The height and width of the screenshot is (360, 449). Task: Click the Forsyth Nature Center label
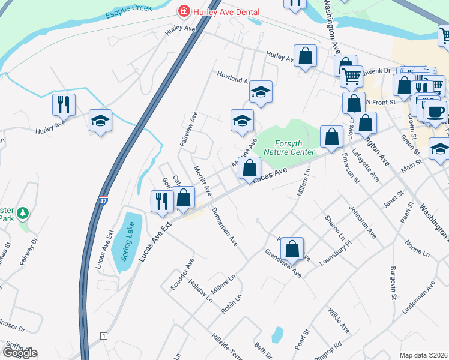[294, 148]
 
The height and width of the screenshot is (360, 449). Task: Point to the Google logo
[20, 353]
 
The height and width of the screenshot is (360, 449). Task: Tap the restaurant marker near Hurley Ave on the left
[63, 105]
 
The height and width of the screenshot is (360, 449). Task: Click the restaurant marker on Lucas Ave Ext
[161, 200]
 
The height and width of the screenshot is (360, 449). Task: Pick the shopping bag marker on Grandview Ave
[292, 248]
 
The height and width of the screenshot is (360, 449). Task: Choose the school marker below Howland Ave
[261, 92]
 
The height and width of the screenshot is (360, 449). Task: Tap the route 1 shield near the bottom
[104, 335]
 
